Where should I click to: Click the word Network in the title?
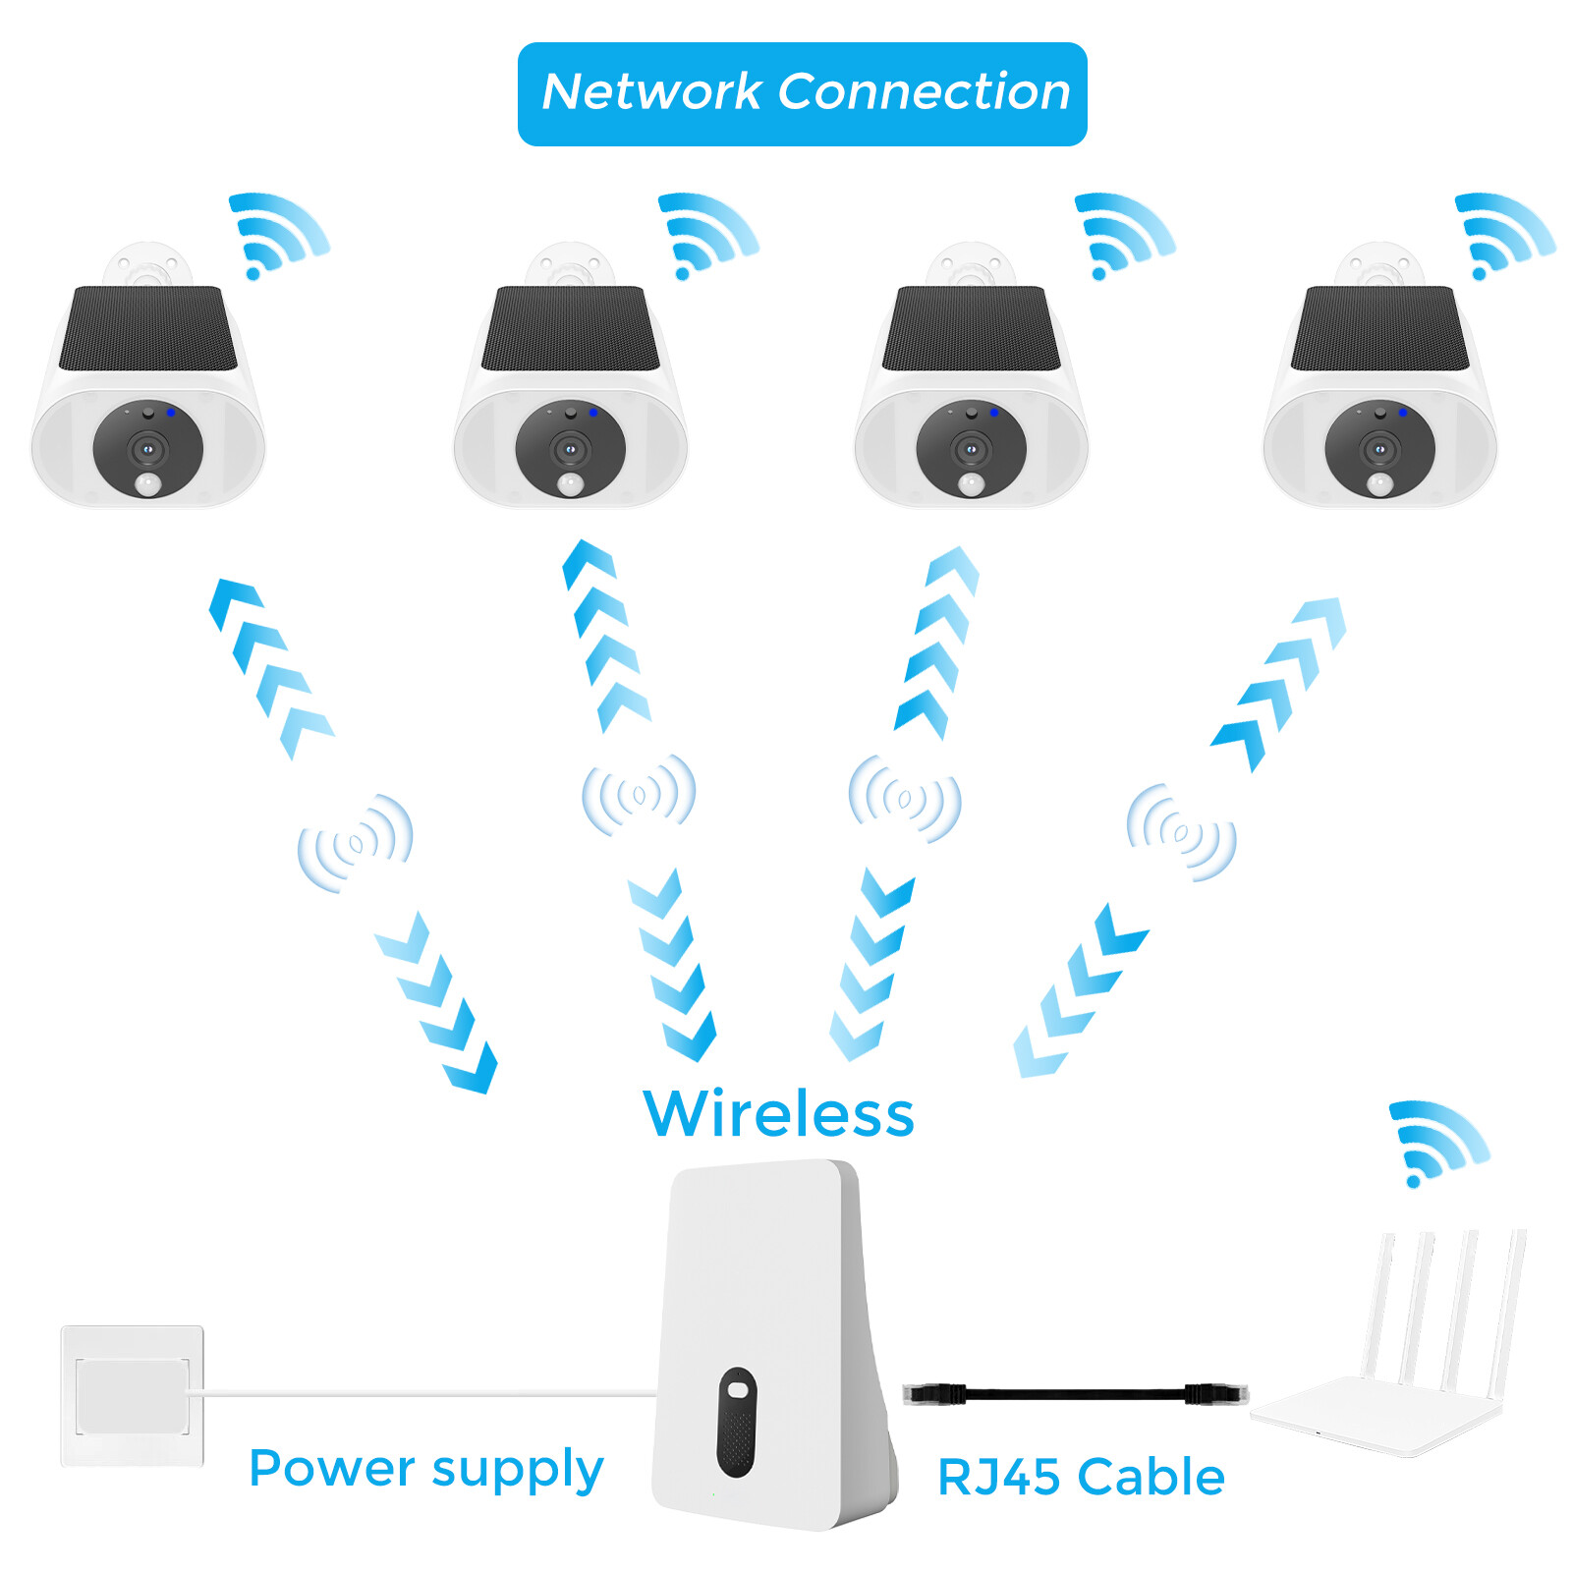(x=650, y=92)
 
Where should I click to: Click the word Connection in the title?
(x=924, y=92)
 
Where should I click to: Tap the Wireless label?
(x=778, y=1114)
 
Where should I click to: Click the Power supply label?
(x=425, y=1469)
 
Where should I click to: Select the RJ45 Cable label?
(x=1081, y=1477)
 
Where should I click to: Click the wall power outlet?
(x=133, y=1395)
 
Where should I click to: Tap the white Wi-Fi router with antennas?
(x=1385, y=1375)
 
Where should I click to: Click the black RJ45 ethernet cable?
(x=1076, y=1393)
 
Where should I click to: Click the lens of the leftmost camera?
(x=147, y=450)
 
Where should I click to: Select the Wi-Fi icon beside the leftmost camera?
(x=277, y=234)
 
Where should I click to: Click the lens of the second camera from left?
(x=570, y=450)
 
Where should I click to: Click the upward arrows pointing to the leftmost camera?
(x=270, y=668)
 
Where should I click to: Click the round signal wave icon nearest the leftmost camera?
(x=356, y=843)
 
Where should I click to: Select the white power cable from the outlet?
(x=422, y=1393)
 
